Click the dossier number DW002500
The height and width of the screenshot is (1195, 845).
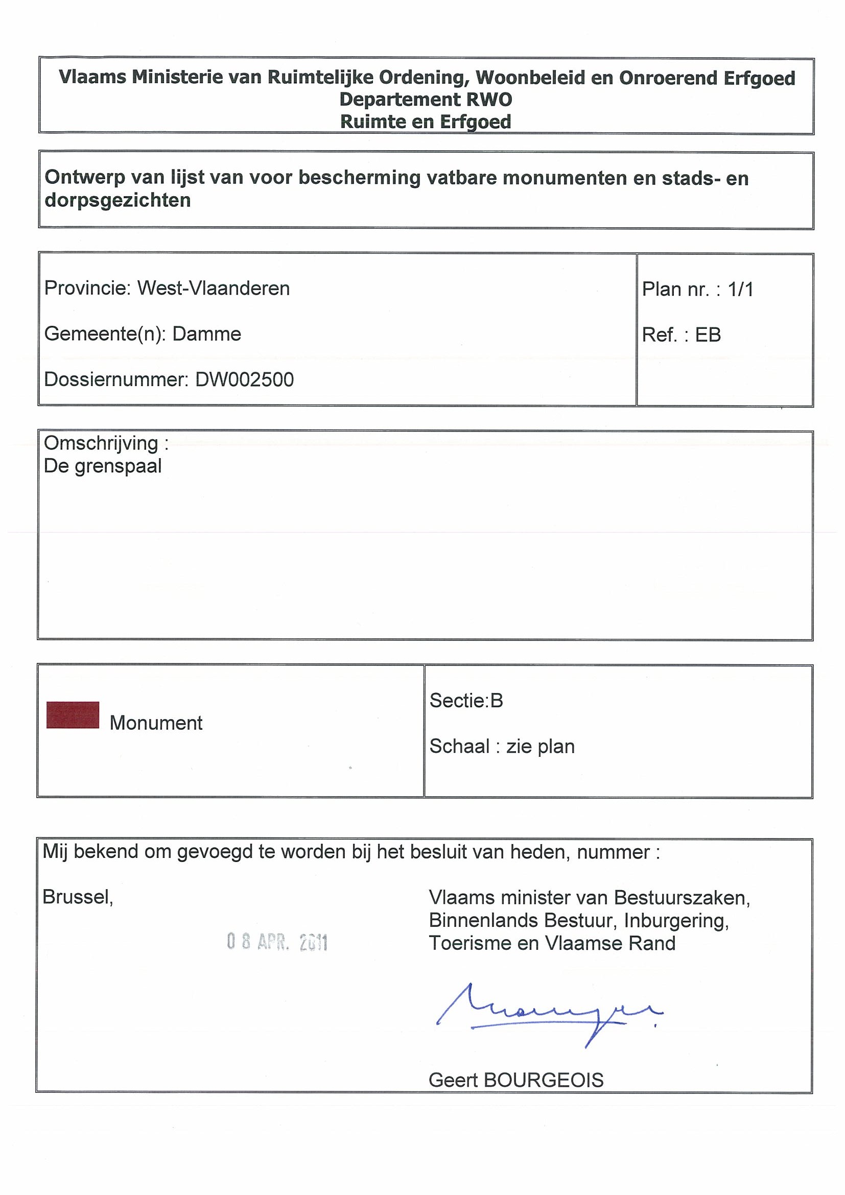(244, 379)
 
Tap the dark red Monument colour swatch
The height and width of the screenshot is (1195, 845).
(73, 714)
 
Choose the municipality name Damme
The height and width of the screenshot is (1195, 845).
(207, 333)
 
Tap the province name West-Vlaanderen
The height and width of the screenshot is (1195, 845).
(214, 288)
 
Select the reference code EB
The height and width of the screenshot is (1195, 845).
(708, 334)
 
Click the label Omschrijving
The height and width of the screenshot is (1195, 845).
(101, 443)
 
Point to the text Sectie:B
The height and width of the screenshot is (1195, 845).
(466, 701)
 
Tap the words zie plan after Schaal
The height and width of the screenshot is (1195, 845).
(541, 746)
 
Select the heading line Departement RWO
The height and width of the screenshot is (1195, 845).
(426, 100)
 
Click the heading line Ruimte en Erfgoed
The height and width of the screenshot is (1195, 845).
(426, 122)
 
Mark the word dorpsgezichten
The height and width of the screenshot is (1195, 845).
(118, 200)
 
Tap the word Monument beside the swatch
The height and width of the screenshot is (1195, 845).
(156, 723)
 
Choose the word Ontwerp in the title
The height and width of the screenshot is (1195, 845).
(84, 178)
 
